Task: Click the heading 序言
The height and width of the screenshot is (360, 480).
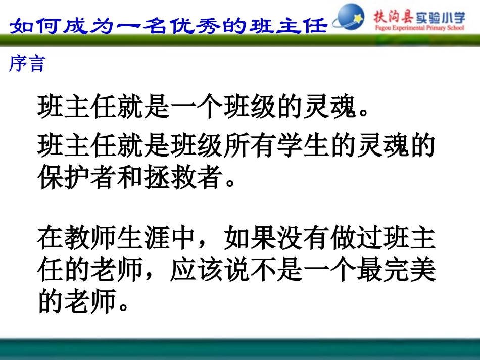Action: [x=27, y=64]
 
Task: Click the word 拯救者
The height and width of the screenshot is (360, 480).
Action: [x=179, y=178]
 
